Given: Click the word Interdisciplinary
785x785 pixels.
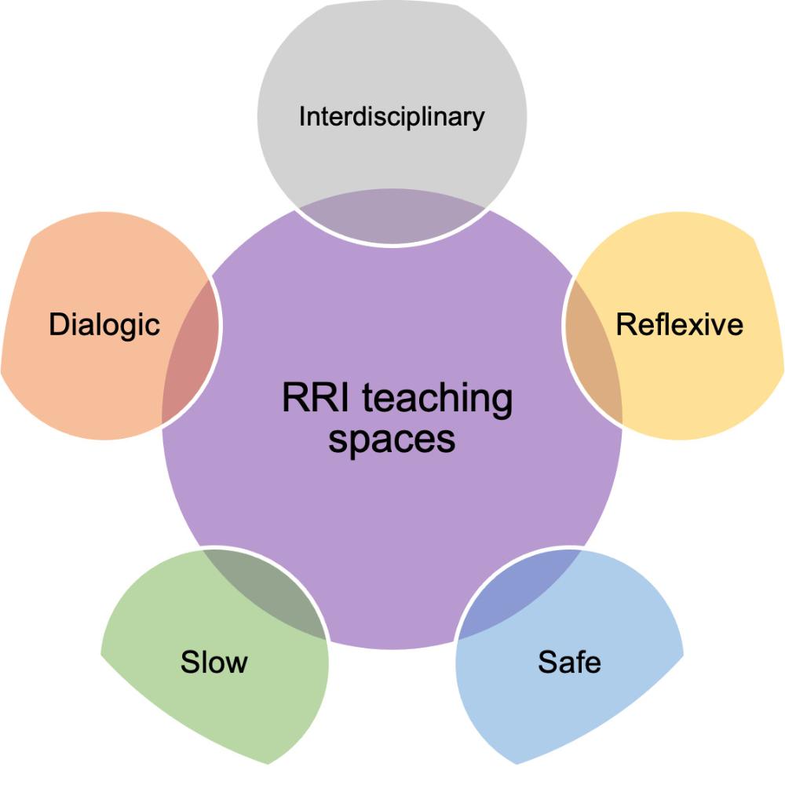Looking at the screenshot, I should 392,117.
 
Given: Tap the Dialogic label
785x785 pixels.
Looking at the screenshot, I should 104,324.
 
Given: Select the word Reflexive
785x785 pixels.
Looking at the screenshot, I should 679,323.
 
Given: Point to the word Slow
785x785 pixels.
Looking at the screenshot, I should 214,661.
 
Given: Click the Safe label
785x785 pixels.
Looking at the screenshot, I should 569,662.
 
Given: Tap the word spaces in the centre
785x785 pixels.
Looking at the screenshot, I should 392,439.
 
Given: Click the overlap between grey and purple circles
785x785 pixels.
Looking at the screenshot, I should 391,220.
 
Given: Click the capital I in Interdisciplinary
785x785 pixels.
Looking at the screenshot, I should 302,117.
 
